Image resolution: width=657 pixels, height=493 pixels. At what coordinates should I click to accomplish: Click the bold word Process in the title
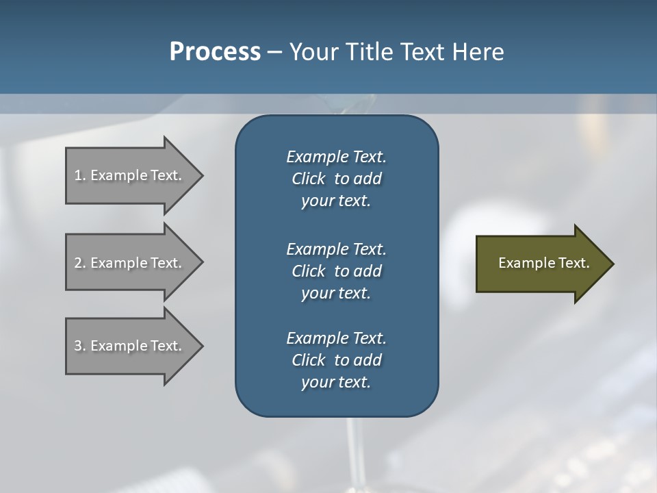[x=215, y=52]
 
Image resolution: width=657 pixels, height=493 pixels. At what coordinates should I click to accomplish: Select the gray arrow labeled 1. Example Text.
[x=130, y=175]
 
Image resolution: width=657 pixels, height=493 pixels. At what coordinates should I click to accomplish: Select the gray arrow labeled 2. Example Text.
[x=130, y=263]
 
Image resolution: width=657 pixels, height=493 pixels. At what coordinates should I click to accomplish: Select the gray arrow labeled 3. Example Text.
[x=130, y=346]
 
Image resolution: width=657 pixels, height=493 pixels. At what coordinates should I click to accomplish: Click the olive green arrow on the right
[x=541, y=264]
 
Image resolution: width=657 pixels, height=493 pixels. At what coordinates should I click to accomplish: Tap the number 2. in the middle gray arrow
[x=80, y=263]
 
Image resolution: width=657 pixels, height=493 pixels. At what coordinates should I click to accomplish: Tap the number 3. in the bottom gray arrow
[x=80, y=346]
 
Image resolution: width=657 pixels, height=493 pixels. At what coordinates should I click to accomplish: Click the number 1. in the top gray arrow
[x=80, y=175]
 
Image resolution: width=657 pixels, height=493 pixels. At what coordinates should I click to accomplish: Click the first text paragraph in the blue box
[x=336, y=179]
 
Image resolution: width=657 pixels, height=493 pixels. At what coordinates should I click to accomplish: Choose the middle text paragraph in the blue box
[x=336, y=271]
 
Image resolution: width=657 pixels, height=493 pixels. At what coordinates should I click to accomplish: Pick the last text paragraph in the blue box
[x=336, y=360]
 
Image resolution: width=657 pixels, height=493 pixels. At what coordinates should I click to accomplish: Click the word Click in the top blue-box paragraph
[x=309, y=179]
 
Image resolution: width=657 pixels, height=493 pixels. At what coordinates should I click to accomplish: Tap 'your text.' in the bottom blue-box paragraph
[x=336, y=383]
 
